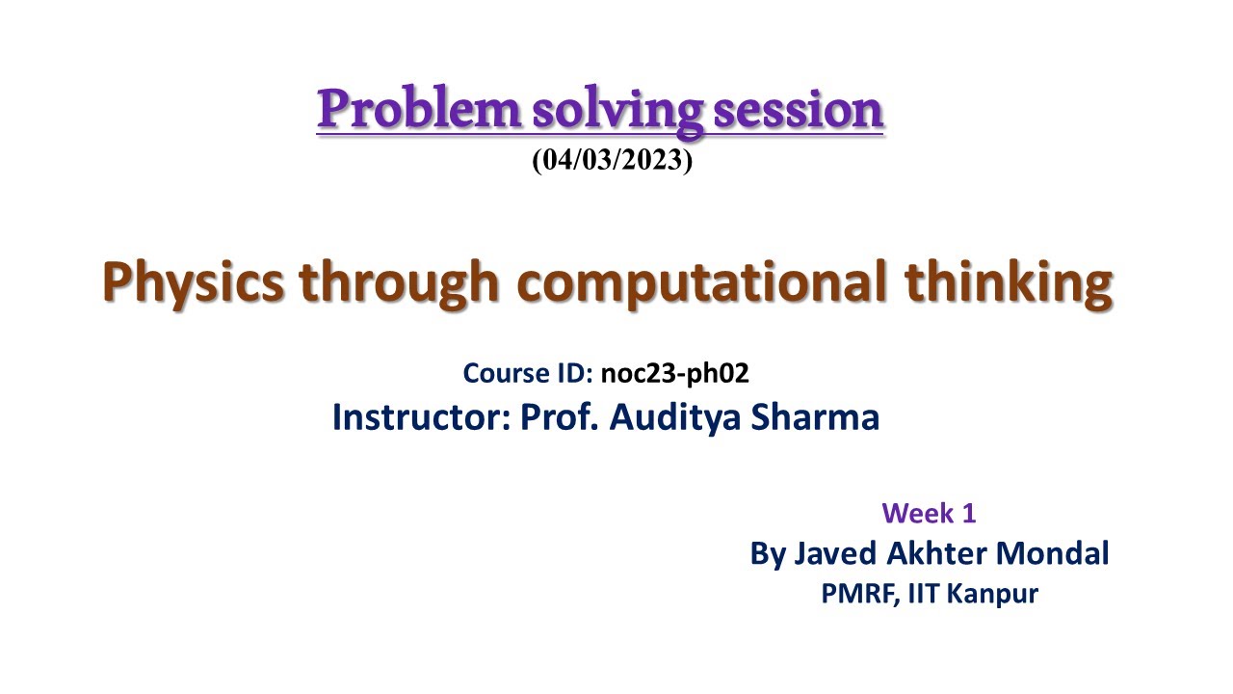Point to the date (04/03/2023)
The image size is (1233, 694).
[x=613, y=160]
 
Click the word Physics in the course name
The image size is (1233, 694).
[x=194, y=282]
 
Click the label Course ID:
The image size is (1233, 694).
[x=528, y=373]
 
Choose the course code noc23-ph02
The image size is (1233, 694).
[x=674, y=373]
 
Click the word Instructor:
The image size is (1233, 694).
[x=421, y=417]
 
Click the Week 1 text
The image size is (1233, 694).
[x=929, y=513]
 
